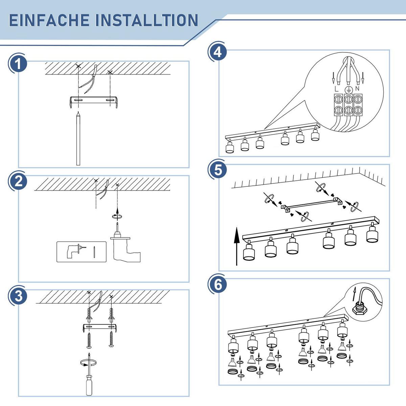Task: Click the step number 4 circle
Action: coord(218,52)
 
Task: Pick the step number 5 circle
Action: coord(218,170)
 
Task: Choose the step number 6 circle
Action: coord(218,285)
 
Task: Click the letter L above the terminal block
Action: coord(336,89)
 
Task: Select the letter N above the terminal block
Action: coord(357,89)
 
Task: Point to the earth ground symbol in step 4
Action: coord(348,90)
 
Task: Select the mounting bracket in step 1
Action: coord(93,102)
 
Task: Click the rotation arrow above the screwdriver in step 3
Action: coord(88,362)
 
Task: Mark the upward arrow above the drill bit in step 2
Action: coord(117,211)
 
